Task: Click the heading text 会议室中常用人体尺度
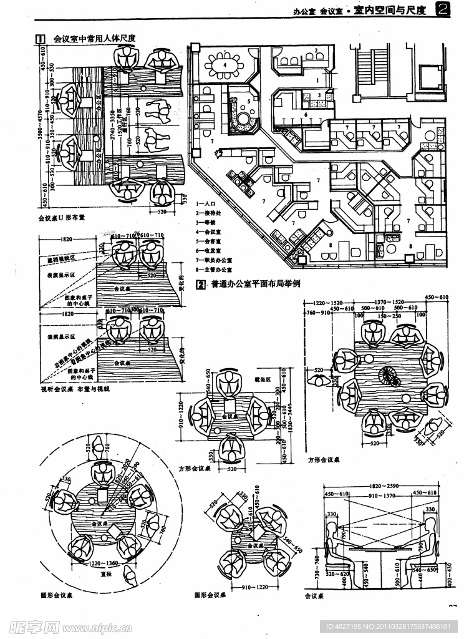pyautogui.click(x=95, y=39)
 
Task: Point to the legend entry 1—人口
pyautogui.click(x=206, y=204)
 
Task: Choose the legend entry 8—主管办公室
pyautogui.click(x=213, y=270)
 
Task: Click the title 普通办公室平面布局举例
pyautogui.click(x=256, y=283)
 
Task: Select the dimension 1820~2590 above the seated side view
pyautogui.click(x=383, y=485)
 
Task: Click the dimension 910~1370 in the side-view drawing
pyautogui.click(x=384, y=495)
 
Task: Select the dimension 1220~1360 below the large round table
pyautogui.click(x=104, y=563)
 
